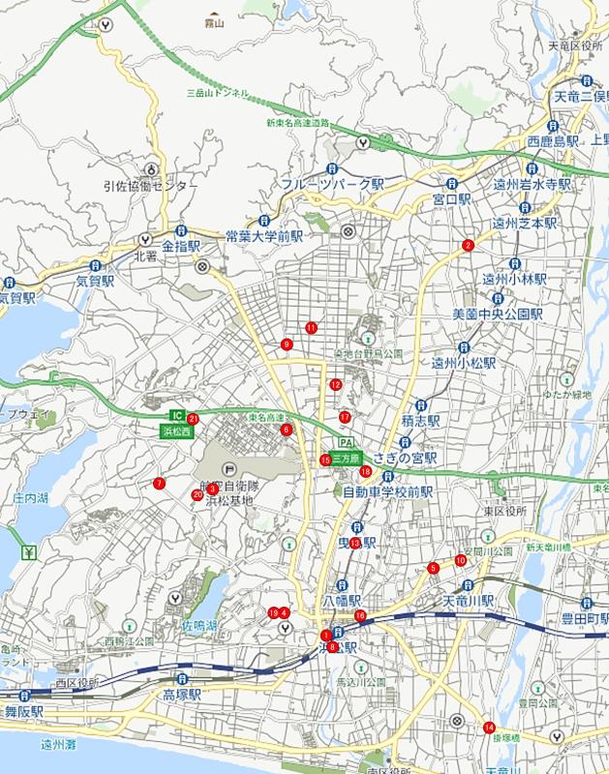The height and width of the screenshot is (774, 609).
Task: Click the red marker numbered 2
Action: tap(468, 245)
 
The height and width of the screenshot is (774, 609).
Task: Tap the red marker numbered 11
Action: tap(311, 327)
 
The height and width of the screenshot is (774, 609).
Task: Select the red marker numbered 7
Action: tap(159, 484)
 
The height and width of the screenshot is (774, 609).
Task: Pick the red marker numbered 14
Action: tap(489, 728)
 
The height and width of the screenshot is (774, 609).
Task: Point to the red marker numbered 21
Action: tap(194, 419)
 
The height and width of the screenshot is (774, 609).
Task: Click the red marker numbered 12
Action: tap(335, 384)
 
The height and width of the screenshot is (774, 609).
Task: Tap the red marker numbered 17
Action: tap(345, 417)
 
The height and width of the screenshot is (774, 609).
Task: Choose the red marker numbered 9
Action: tap(287, 343)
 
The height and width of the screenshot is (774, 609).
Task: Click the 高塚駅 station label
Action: tap(181, 695)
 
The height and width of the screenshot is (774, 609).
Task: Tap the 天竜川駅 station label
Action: tap(469, 601)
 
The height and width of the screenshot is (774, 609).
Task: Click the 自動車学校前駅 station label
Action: tap(388, 491)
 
